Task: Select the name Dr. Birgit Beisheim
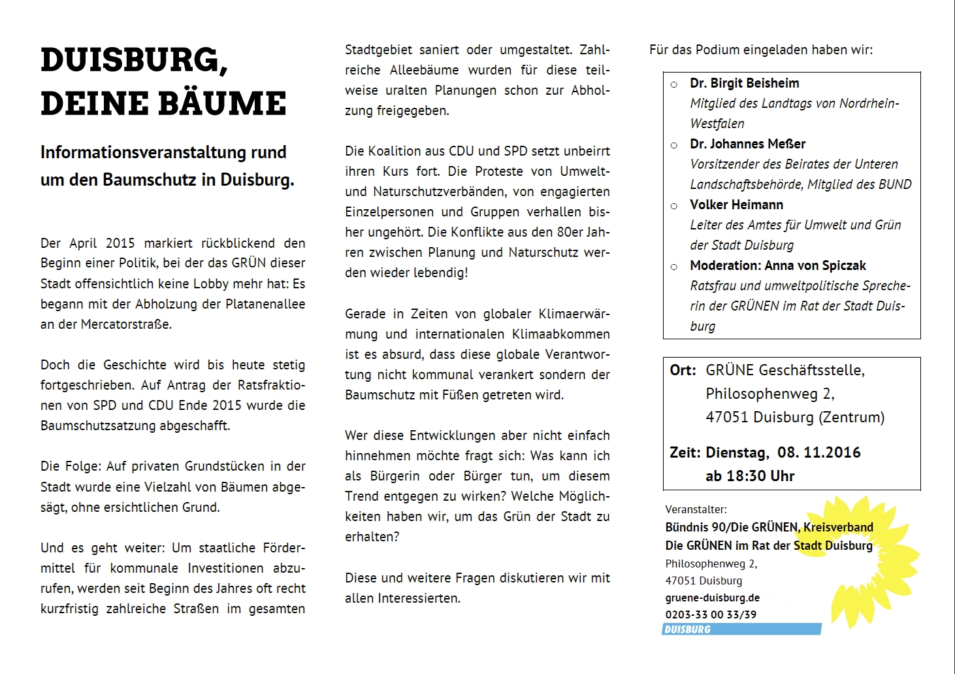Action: click(744, 83)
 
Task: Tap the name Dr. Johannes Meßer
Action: click(747, 144)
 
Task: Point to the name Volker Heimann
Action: click(736, 205)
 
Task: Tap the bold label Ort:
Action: click(683, 370)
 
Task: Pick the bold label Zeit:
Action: click(685, 452)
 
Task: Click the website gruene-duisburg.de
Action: click(712, 598)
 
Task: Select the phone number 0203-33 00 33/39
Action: click(711, 615)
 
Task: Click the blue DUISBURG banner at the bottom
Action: click(741, 630)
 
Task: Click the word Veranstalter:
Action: click(696, 509)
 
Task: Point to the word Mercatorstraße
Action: click(126, 324)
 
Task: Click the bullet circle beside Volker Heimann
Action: click(674, 205)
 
